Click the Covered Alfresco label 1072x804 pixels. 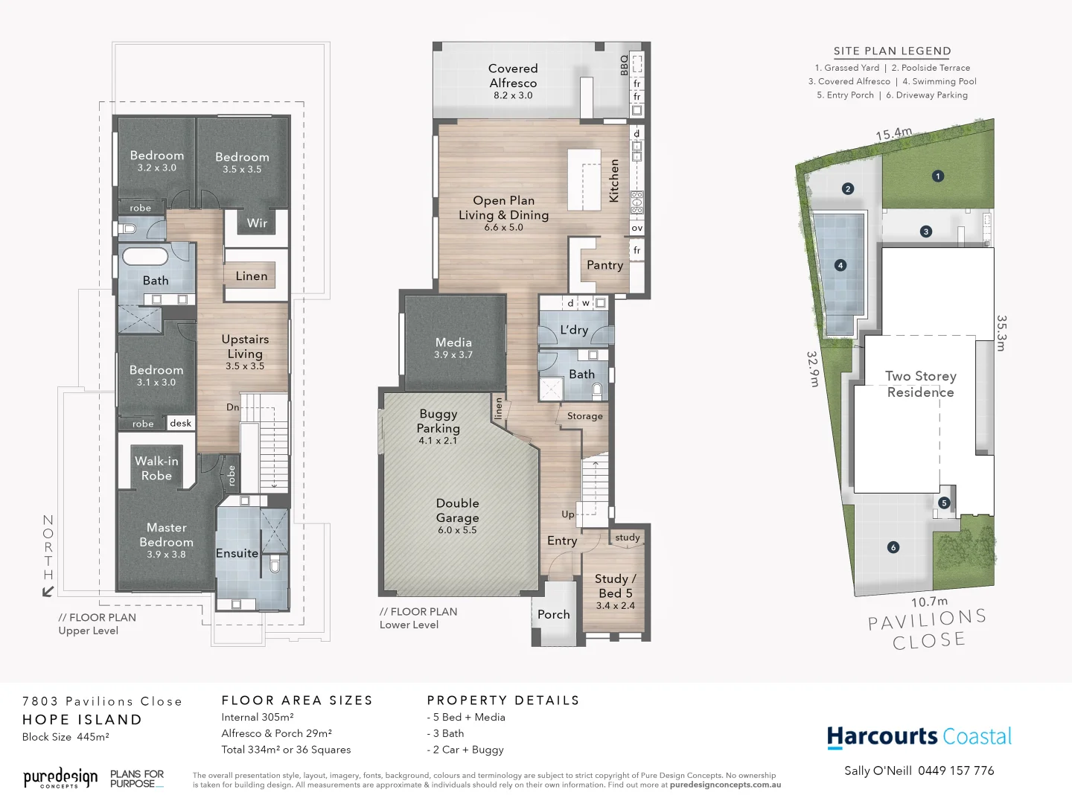click(x=512, y=76)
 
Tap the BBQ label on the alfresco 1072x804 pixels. click(x=624, y=65)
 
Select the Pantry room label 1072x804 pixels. click(x=604, y=265)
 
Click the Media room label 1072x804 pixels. click(x=453, y=342)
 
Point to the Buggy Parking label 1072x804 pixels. click(x=438, y=421)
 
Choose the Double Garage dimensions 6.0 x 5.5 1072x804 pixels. click(x=457, y=530)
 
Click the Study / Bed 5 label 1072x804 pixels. click(x=615, y=586)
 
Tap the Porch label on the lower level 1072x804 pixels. click(x=553, y=614)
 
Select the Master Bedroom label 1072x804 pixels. click(x=166, y=535)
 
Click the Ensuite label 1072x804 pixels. click(x=237, y=553)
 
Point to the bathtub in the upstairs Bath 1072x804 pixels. click(x=145, y=257)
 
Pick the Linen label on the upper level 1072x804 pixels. click(x=251, y=276)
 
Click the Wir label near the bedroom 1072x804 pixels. click(x=257, y=223)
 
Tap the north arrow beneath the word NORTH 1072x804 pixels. click(x=48, y=591)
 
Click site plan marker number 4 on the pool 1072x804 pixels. click(x=840, y=265)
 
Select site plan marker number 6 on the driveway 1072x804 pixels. click(x=893, y=547)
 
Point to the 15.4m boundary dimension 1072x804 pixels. click(x=893, y=134)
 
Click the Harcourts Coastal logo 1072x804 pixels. click(x=919, y=737)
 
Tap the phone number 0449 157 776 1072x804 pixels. click(x=956, y=770)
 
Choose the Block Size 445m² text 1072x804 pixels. click(x=66, y=737)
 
